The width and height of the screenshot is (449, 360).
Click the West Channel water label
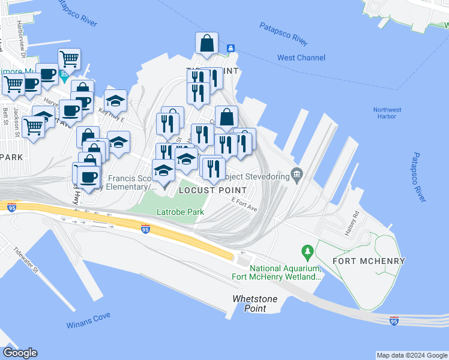[x=301, y=58]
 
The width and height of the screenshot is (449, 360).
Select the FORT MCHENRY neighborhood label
[x=367, y=261]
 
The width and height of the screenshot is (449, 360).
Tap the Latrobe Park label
[x=180, y=212]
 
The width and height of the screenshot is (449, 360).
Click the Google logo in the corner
[x=20, y=353]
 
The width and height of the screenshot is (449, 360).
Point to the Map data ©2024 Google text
[x=412, y=355]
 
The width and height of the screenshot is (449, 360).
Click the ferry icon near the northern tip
[x=230, y=48]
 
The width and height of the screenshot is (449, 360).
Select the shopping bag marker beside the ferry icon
[x=206, y=43]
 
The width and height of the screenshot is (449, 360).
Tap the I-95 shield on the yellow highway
[x=145, y=229]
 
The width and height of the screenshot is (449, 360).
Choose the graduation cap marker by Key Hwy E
[x=116, y=101]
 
